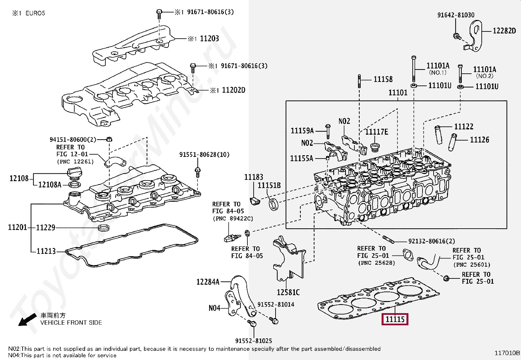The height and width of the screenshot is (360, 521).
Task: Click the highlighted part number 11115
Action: click(395, 319)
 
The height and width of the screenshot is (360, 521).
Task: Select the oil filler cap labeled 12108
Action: click(75, 174)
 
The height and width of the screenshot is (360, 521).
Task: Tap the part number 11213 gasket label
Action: click(46, 251)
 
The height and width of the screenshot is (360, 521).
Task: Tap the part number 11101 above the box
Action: click(398, 93)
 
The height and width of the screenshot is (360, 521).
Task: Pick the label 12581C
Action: click(288, 292)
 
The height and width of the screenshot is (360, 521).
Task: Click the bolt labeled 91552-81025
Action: click(253, 324)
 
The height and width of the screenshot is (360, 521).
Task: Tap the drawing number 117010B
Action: click(507, 353)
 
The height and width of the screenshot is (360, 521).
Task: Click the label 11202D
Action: click(233, 90)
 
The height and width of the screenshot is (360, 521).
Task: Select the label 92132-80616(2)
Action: click(431, 241)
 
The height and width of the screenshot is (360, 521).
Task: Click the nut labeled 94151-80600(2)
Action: click(110, 140)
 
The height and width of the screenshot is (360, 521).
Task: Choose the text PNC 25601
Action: click(472, 265)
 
